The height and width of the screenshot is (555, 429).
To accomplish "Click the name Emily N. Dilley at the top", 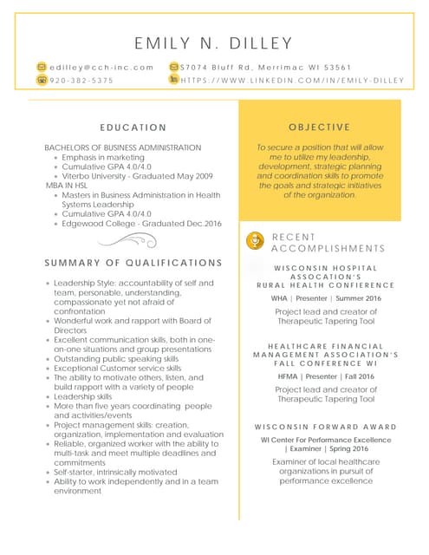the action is tap(214, 43).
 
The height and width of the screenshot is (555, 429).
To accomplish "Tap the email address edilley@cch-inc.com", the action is tap(101, 67).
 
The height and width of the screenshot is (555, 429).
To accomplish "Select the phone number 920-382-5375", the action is tap(81, 80).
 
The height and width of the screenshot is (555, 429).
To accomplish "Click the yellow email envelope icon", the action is tap(42, 67).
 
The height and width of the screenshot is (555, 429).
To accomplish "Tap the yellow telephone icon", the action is tap(42, 80).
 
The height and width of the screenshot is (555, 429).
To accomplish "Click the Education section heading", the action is tap(133, 127).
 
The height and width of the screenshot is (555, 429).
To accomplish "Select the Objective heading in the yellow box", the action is tap(320, 127).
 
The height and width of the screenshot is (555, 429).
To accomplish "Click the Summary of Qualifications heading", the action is tap(133, 263).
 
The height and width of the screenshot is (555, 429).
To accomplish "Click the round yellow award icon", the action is tap(255, 240).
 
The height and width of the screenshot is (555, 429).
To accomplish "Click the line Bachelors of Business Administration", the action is tap(122, 147).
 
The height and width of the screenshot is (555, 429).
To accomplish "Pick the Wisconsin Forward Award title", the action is tap(325, 427).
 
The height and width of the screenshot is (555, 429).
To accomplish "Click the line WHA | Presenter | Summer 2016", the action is tap(325, 298).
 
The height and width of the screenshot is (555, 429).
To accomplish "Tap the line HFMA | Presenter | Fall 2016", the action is tap(325, 377).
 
